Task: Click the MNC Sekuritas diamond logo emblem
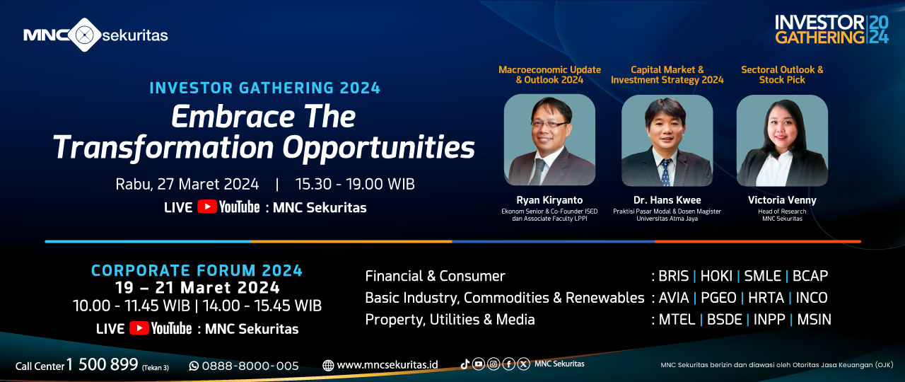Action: [84, 35]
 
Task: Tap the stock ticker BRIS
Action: [674, 276]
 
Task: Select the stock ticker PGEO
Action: [718, 298]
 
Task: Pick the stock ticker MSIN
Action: [814, 320]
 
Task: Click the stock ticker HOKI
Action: [716, 276]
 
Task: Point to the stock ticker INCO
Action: [812, 298]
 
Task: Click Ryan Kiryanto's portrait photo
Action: [549, 140]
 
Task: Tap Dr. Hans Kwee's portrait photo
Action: [667, 140]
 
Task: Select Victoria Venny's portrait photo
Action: [782, 140]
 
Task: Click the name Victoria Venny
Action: [782, 200]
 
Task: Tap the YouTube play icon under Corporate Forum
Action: [139, 328]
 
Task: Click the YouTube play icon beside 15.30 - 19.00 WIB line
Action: [207, 207]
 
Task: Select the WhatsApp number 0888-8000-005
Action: [250, 366]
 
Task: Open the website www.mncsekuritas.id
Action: [387, 365]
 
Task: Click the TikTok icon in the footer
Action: [465, 364]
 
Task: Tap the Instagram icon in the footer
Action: [494, 364]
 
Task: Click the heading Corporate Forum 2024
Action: [197, 270]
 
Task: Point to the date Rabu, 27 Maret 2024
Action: [187, 185]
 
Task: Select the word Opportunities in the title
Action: [378, 148]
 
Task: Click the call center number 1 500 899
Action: [103, 364]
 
